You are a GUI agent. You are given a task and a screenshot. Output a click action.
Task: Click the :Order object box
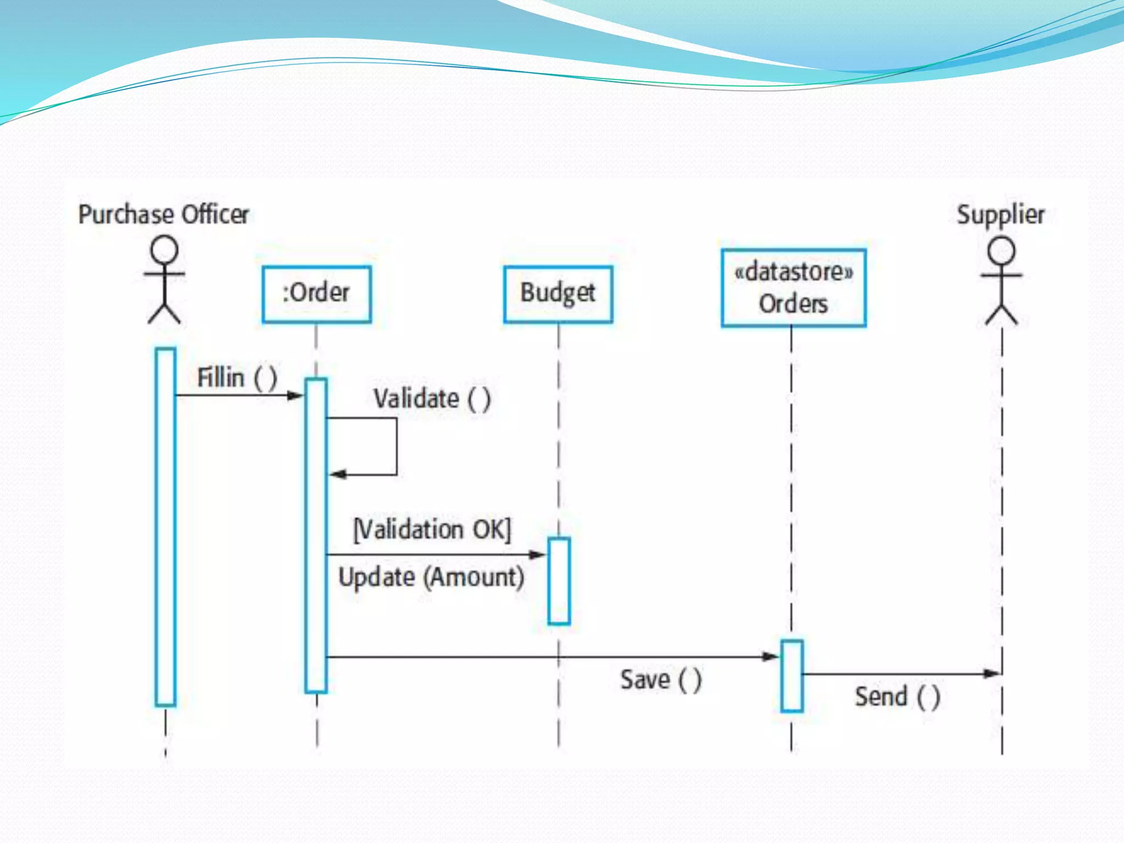point(317,294)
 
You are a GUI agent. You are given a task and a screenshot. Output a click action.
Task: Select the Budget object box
point(558,294)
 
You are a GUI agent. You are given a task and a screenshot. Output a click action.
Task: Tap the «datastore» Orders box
point(794,288)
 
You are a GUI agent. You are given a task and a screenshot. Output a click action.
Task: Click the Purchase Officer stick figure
point(164,279)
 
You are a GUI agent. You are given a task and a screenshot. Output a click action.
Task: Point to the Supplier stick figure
point(1002,280)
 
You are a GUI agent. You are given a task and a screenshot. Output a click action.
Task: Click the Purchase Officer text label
point(164,214)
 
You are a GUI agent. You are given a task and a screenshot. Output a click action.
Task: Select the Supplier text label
point(1001,215)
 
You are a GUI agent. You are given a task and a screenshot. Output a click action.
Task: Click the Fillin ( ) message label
point(237,378)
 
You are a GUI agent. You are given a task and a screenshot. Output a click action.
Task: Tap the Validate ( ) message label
point(432,398)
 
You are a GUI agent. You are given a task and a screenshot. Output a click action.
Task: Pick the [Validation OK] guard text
point(432,530)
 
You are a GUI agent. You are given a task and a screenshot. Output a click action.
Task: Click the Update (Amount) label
point(431,577)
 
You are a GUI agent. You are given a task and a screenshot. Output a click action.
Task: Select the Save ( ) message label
point(661,680)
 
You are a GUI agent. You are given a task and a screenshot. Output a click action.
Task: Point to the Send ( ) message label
point(897,697)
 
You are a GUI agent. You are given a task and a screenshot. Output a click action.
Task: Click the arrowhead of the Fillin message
point(296,395)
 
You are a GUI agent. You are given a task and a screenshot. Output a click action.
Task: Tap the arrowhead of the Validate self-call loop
point(337,474)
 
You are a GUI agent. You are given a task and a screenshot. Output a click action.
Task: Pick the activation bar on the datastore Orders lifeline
point(791,676)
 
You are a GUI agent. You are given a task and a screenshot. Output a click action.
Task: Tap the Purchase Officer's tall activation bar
point(165,526)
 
